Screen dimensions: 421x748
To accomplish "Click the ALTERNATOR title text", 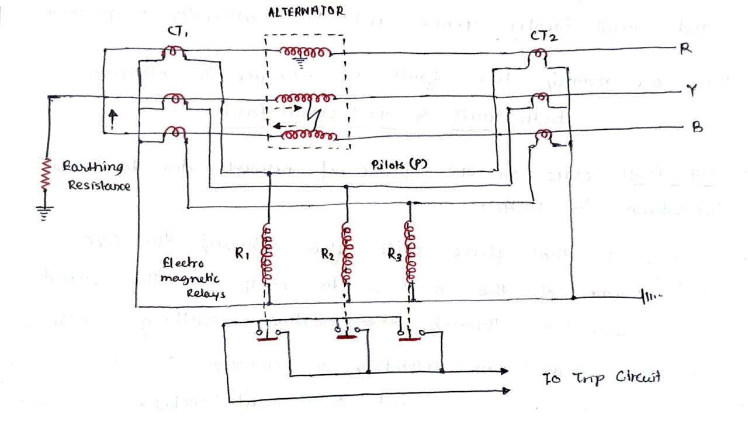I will pos(306,11).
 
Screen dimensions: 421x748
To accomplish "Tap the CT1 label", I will pos(177,32).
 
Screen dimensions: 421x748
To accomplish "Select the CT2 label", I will pos(543,36).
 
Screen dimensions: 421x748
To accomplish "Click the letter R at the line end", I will pos(686,49).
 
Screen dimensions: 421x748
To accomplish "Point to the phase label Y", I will pos(692,91).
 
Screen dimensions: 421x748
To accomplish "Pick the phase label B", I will pos(697,127).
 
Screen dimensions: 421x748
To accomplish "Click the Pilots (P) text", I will pos(399,165).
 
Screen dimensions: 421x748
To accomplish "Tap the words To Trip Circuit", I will pos(601,378).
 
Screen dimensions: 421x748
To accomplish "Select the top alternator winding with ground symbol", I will pos(306,53).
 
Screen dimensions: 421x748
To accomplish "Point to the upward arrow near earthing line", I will pos(113,119).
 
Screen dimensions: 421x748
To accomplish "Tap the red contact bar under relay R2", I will pos(347,337).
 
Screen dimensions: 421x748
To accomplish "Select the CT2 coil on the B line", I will pos(544,136).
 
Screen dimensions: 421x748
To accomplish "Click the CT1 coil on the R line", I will pos(174,53).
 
